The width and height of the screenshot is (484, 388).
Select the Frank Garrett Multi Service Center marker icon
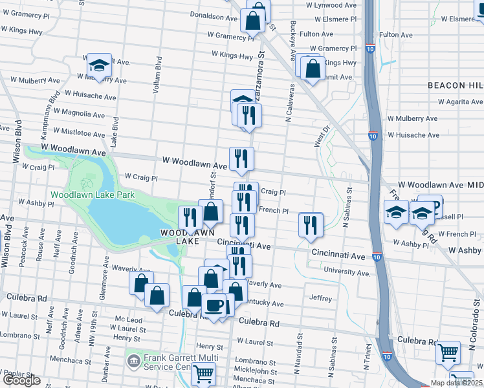pos(134,360)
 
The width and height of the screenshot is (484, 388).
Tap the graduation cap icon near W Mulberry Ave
pos(98,65)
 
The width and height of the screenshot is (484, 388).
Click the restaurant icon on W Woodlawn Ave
pos(241,158)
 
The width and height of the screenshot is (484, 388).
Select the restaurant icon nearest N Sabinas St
pos(311,224)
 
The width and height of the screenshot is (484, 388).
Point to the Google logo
pos(21,380)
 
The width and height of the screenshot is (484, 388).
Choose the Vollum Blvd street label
pos(157,75)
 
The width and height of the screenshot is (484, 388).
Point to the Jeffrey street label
pos(321,299)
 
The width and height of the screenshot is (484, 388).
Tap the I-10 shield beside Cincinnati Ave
pos(377,257)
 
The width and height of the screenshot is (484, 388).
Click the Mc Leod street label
pos(128,319)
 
